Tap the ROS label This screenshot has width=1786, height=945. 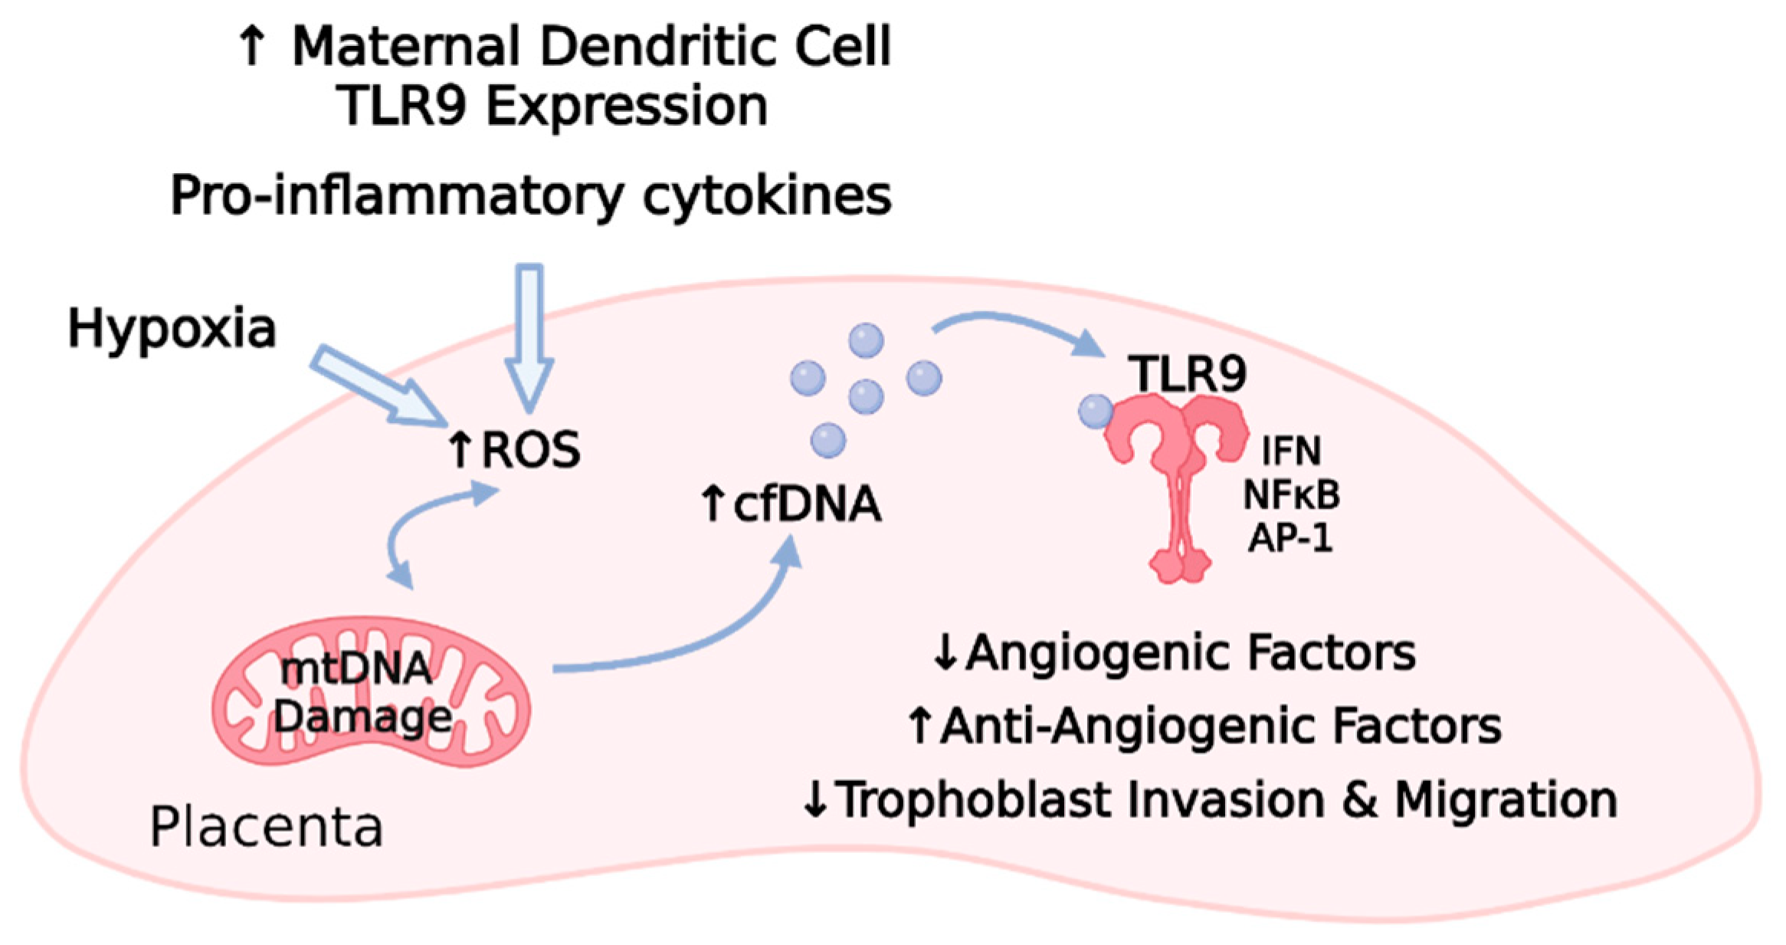coord(530,450)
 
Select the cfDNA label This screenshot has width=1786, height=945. coord(806,504)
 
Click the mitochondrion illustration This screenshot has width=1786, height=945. coord(370,691)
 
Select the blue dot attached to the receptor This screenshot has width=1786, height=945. coord(1096,412)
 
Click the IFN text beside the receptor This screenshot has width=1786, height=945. coord(1291,451)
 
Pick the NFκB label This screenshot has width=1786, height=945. coord(1291,495)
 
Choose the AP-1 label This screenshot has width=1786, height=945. coord(1291,538)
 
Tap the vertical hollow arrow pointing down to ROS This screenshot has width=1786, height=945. coord(529,337)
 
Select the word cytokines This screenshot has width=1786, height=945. coord(766,196)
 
